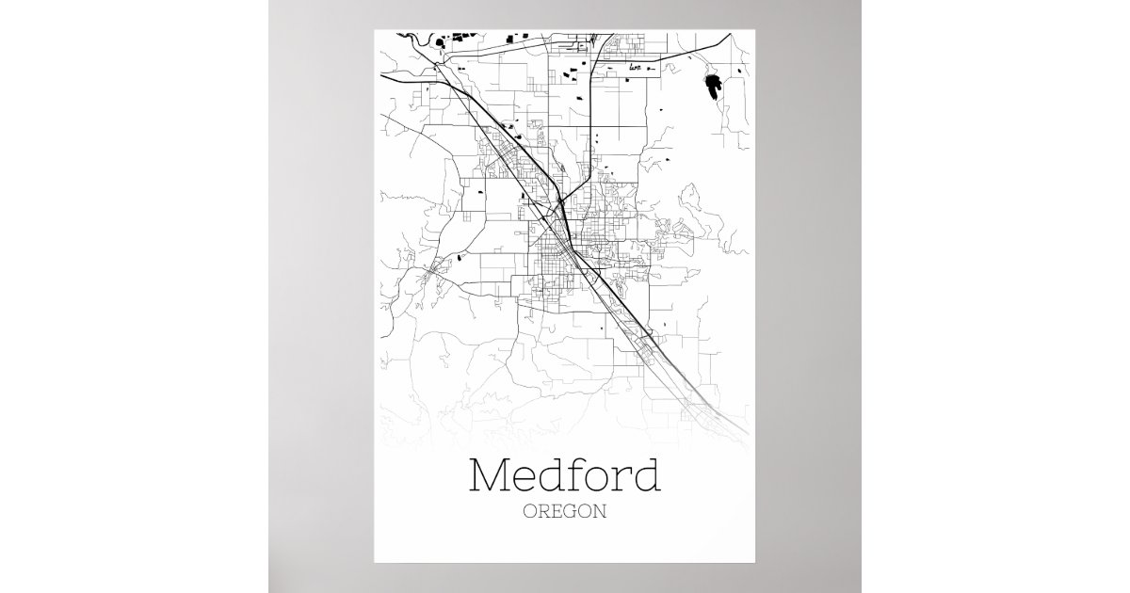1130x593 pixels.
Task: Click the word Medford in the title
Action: point(564,476)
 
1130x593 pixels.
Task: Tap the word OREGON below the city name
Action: point(564,513)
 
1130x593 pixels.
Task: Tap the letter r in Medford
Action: point(617,480)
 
